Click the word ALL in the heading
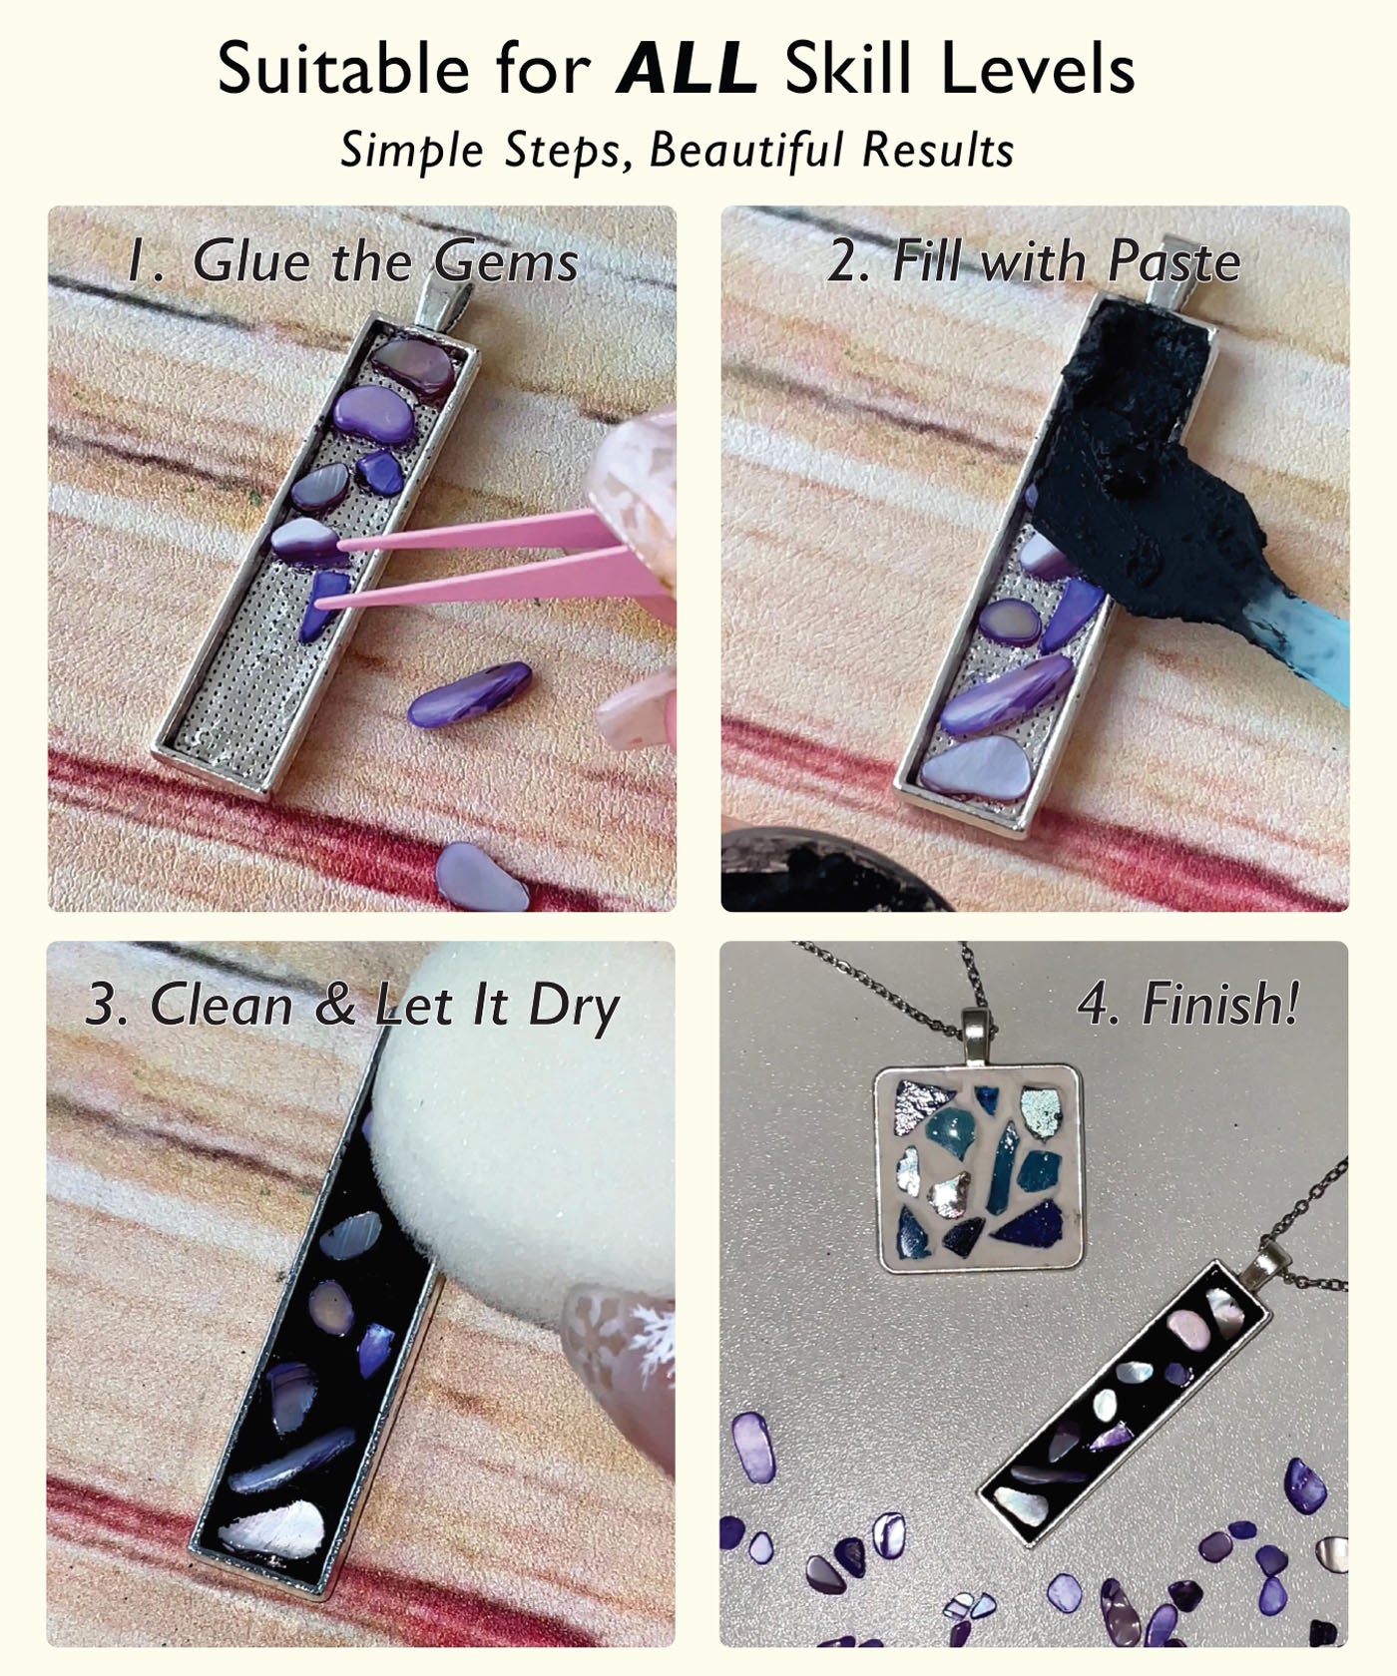click(687, 70)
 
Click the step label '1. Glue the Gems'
click(352, 261)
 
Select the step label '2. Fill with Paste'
click(1034, 261)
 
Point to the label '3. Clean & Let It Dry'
click(352, 1005)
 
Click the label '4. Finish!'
click(1188, 1003)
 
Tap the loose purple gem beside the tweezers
click(469, 694)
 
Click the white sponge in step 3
click(519, 1127)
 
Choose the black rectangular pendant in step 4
click(1124, 1407)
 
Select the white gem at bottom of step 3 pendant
click(272, 1524)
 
